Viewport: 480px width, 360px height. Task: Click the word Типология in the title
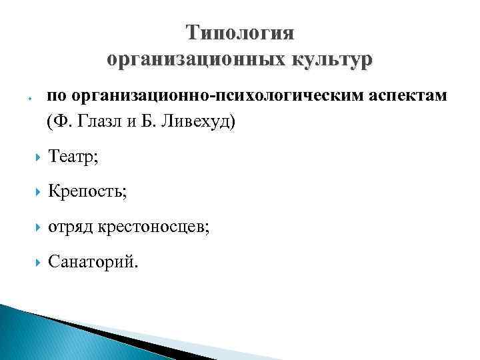(240, 33)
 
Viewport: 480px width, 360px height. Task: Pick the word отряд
(71, 228)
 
